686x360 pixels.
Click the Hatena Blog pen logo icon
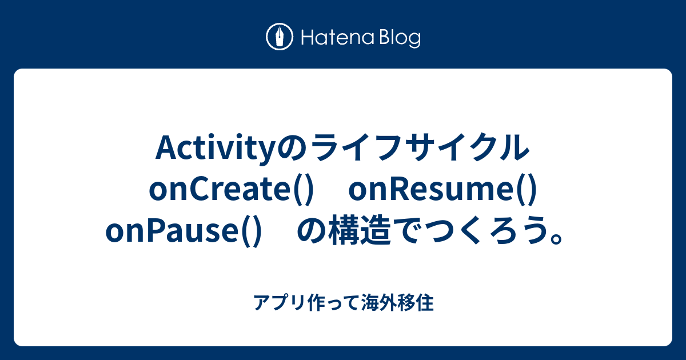(x=280, y=38)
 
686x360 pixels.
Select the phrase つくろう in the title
(x=480, y=231)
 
